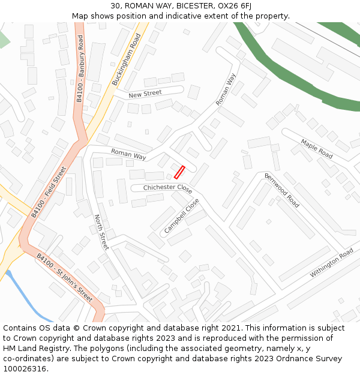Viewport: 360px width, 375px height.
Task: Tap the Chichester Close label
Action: (x=167, y=188)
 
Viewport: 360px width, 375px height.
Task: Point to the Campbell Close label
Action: (x=181, y=216)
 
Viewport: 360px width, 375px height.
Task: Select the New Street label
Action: (x=145, y=94)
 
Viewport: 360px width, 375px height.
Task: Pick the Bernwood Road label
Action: (x=282, y=190)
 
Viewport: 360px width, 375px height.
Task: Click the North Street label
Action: (x=101, y=232)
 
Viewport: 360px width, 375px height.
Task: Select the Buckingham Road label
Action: (x=126, y=59)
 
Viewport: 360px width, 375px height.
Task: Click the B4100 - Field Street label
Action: (x=49, y=192)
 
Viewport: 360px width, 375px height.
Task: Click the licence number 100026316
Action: (x=25, y=369)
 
